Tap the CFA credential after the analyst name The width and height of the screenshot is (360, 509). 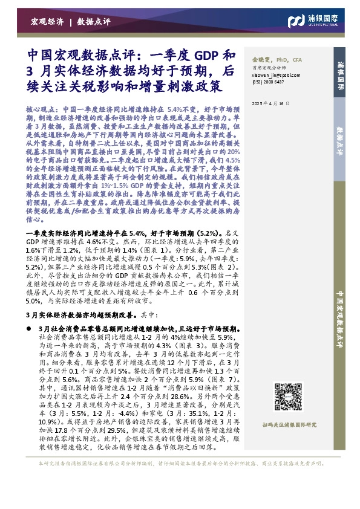[298, 61]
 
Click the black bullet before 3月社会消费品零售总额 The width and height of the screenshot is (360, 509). [31, 327]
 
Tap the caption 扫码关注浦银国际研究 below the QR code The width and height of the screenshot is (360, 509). [290, 426]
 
